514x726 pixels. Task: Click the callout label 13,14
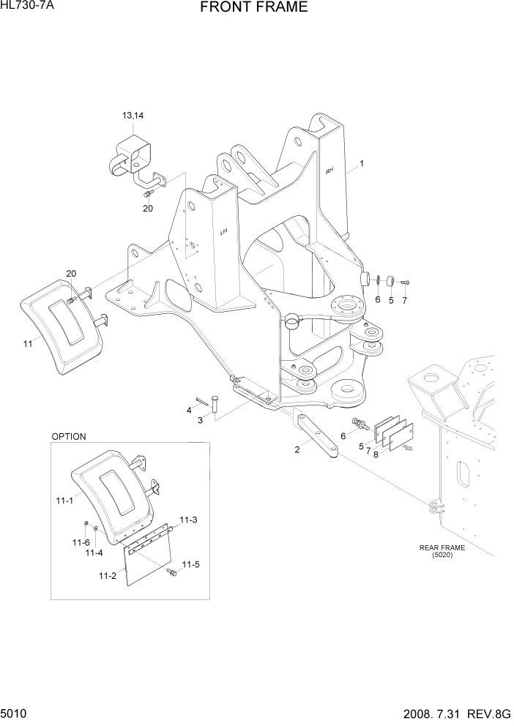tap(133, 116)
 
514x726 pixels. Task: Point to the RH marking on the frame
tap(329, 171)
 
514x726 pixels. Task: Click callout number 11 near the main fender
tap(28, 343)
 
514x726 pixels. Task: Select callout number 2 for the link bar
tap(297, 449)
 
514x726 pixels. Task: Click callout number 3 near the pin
tap(199, 419)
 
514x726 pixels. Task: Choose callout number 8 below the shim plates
tap(376, 454)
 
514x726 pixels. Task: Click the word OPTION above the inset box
tap(69, 436)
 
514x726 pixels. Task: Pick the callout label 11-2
tap(107, 576)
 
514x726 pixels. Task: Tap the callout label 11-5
tap(190, 564)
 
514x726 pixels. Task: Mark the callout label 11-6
tap(81, 542)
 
